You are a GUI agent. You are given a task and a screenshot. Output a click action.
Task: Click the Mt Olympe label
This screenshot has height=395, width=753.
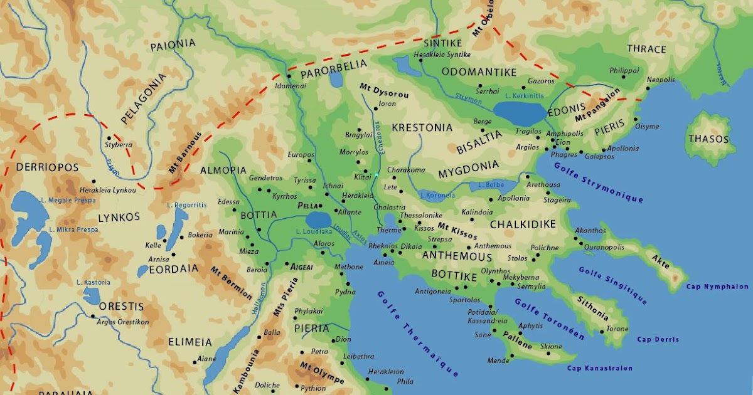tap(322, 373)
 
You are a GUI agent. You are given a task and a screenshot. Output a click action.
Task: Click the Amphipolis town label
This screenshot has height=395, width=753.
tap(564, 134)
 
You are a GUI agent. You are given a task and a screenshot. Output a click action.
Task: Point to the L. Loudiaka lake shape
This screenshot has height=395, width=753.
tap(319, 220)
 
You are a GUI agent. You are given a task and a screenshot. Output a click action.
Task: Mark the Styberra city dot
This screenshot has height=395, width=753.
tap(109, 138)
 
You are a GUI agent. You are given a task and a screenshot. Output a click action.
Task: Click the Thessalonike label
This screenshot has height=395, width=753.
tap(421, 215)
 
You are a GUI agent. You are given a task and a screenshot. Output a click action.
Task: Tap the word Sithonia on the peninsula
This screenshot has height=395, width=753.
tap(592, 307)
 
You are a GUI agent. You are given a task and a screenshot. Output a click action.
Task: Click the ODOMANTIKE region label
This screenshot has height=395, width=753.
tap(479, 72)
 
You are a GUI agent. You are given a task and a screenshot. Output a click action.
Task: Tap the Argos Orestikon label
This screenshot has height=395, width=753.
tap(123, 322)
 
